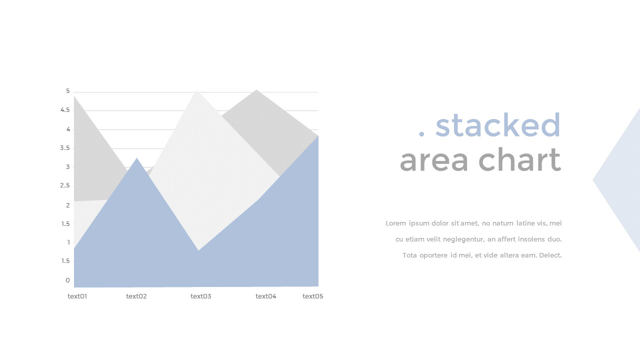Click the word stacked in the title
point(497,125)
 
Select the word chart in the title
point(520,159)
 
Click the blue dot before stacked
point(421,133)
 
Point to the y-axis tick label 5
point(67,91)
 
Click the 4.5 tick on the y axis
point(65,110)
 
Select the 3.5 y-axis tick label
point(65,148)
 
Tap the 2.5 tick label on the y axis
point(65,185)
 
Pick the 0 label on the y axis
point(67,280)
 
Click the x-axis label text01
point(77,296)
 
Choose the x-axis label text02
point(136,296)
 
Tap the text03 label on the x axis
point(201,296)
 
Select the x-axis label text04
point(266,296)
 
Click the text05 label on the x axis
point(313,296)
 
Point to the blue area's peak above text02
point(137,158)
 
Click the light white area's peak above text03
point(196,90)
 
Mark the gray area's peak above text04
point(256,89)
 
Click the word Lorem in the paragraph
point(395,223)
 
